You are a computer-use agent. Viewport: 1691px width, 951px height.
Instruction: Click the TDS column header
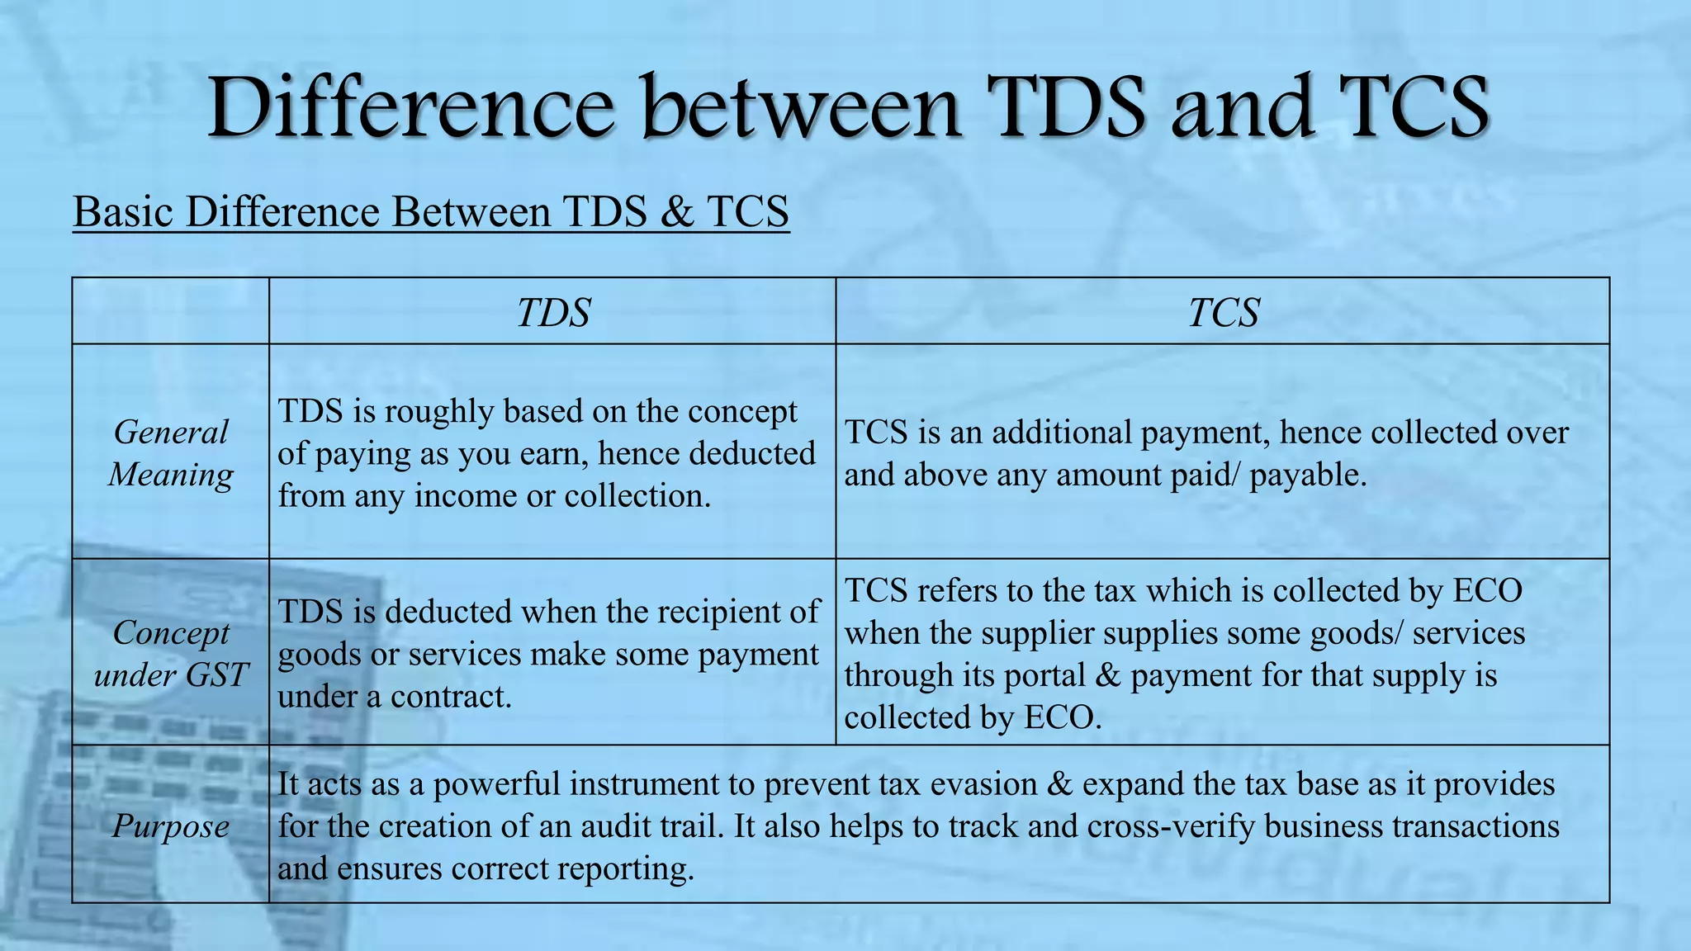[553, 313]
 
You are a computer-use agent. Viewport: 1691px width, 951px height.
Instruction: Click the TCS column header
[1223, 313]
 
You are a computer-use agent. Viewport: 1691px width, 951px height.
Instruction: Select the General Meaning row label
[171, 453]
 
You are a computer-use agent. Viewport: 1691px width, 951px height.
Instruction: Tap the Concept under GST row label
[171, 654]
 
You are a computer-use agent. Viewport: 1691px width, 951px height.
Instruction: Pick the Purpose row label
[171, 826]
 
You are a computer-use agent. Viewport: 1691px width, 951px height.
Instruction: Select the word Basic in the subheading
[123, 212]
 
